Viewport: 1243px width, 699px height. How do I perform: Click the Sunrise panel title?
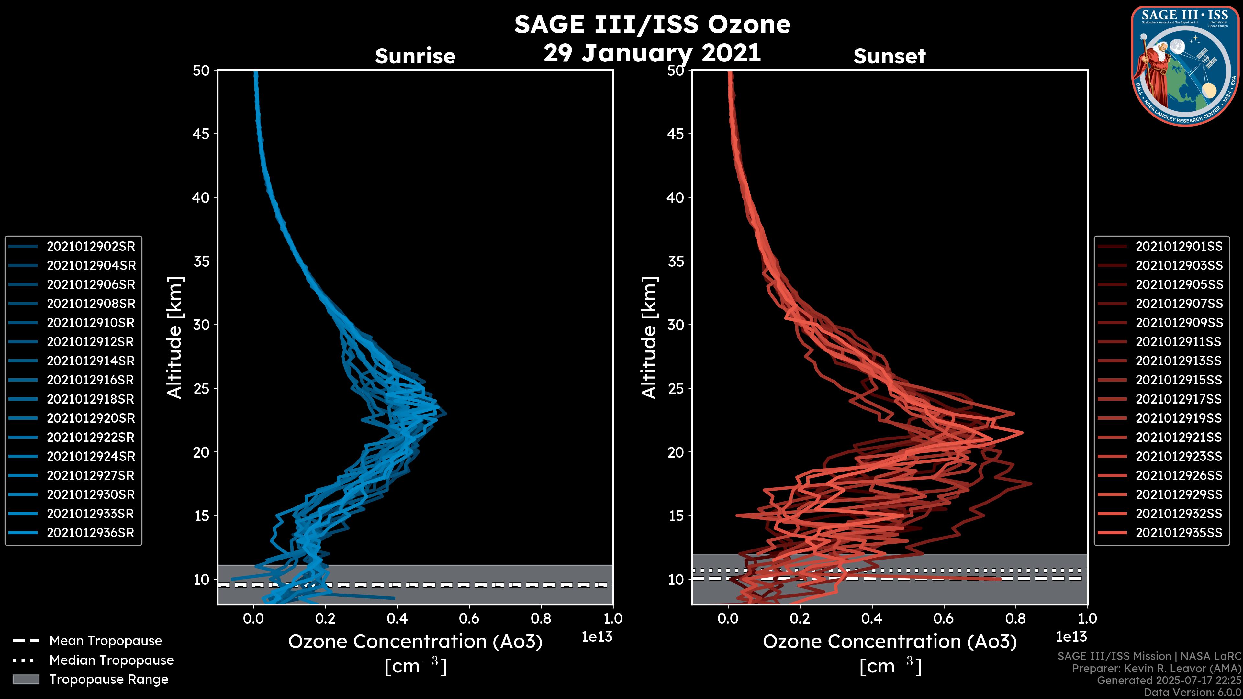tap(415, 56)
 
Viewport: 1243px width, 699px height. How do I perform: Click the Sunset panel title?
tap(889, 56)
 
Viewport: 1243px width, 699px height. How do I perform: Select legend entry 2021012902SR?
tap(91, 247)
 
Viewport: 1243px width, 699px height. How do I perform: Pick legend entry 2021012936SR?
tap(91, 533)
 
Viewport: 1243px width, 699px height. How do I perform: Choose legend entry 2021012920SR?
tap(91, 418)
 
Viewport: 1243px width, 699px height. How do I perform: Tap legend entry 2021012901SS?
tap(1179, 247)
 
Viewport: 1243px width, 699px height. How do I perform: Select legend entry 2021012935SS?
tap(1179, 533)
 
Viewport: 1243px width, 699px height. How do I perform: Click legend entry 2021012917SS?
tap(1179, 399)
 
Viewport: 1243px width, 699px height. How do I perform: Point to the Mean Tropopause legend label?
tap(106, 641)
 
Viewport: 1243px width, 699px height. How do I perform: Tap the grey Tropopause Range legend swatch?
tap(26, 679)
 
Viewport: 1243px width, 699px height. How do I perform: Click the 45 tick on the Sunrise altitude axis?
tap(201, 134)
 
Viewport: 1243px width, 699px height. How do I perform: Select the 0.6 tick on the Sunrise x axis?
tap(469, 618)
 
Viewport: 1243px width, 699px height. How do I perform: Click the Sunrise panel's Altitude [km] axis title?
tap(175, 338)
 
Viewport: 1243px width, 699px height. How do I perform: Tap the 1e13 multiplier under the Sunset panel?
tap(1071, 637)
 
